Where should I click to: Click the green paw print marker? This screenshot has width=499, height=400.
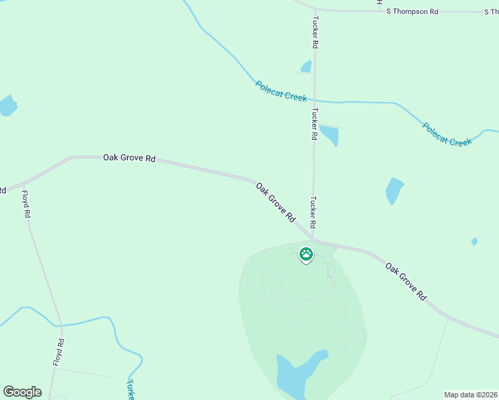[x=306, y=254]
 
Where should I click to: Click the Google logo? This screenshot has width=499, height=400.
[x=22, y=392]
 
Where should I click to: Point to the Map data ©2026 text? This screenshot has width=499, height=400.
[x=470, y=395]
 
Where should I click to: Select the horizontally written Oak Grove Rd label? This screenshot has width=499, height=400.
[x=129, y=158]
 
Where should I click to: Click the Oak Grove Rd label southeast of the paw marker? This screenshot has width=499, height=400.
[x=406, y=281]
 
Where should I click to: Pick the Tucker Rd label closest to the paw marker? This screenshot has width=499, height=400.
[x=312, y=212]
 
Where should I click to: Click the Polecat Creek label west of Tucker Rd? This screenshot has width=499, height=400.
[x=281, y=91]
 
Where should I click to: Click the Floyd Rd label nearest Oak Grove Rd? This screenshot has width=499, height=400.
[x=26, y=205]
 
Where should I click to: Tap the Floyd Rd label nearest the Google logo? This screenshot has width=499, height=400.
[x=59, y=352]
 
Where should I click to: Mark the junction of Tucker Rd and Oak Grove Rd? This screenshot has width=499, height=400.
[x=314, y=239]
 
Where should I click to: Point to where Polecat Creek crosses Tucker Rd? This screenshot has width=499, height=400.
[x=314, y=101]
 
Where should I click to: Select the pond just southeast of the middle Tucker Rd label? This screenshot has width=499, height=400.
[x=330, y=135]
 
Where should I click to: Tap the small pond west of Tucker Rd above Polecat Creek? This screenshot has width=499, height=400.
[x=306, y=66]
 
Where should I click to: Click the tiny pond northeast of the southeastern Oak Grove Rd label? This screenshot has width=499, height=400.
[x=474, y=241]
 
